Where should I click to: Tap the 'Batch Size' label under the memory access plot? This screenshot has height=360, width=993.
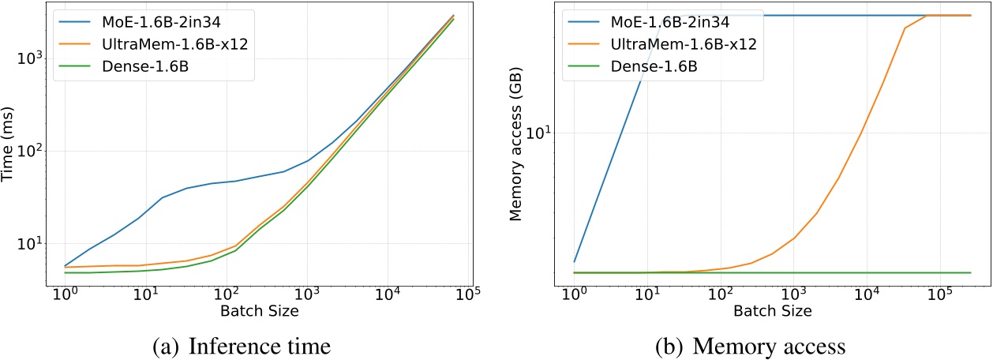[773, 312]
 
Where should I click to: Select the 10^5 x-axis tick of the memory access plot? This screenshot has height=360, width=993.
[939, 296]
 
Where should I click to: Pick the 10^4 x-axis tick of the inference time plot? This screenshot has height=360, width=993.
[389, 296]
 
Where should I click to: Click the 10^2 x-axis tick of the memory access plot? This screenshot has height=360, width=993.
[720, 296]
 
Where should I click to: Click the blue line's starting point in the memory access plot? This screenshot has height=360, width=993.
[575, 261]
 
